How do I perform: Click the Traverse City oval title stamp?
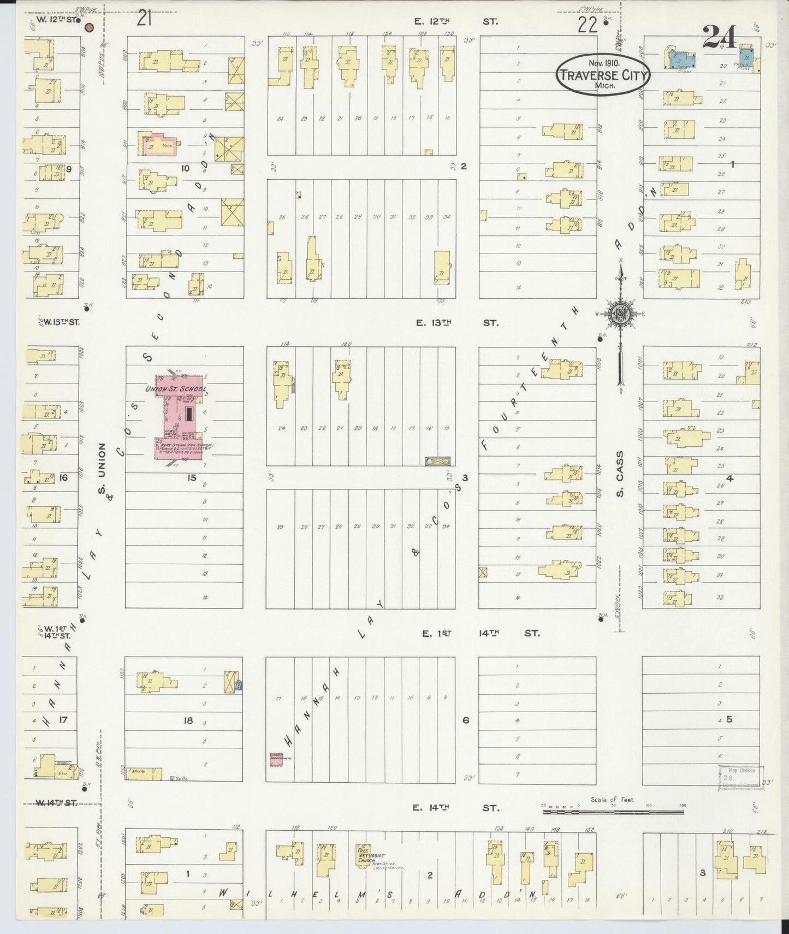tap(603, 75)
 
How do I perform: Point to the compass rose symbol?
tap(621, 314)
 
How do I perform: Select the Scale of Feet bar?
tap(613, 812)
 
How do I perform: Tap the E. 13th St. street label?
tap(455, 323)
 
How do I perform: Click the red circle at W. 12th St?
tap(91, 27)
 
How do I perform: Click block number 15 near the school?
tap(191, 478)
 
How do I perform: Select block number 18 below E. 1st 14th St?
tap(188, 721)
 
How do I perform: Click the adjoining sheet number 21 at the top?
tap(144, 19)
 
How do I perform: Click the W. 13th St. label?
tap(61, 322)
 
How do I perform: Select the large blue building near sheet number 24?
tap(680, 58)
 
